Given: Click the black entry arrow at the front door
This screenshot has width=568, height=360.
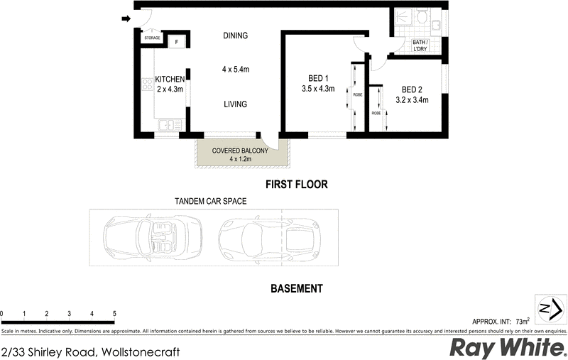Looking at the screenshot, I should tap(126, 19).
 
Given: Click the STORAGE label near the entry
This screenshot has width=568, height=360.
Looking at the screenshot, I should tap(152, 38).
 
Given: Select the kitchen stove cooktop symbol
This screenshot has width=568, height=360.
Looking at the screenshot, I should tap(148, 85).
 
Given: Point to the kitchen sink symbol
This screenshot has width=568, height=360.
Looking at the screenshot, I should tap(166, 126).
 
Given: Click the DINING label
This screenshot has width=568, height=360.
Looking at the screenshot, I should tap(235, 36).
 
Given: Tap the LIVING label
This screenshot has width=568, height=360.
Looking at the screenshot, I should tap(234, 104).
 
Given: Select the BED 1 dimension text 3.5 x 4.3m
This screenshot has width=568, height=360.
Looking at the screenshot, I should tap(317, 89).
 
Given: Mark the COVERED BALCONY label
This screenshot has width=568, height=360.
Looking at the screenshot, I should tap(240, 151).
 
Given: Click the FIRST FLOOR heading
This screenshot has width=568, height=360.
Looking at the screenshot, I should tap(296, 185).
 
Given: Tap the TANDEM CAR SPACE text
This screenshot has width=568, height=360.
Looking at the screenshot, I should tap(211, 202).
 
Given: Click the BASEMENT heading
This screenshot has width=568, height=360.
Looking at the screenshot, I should tap(297, 289).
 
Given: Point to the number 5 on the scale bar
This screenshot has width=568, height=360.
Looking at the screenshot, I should tap(114, 313).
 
